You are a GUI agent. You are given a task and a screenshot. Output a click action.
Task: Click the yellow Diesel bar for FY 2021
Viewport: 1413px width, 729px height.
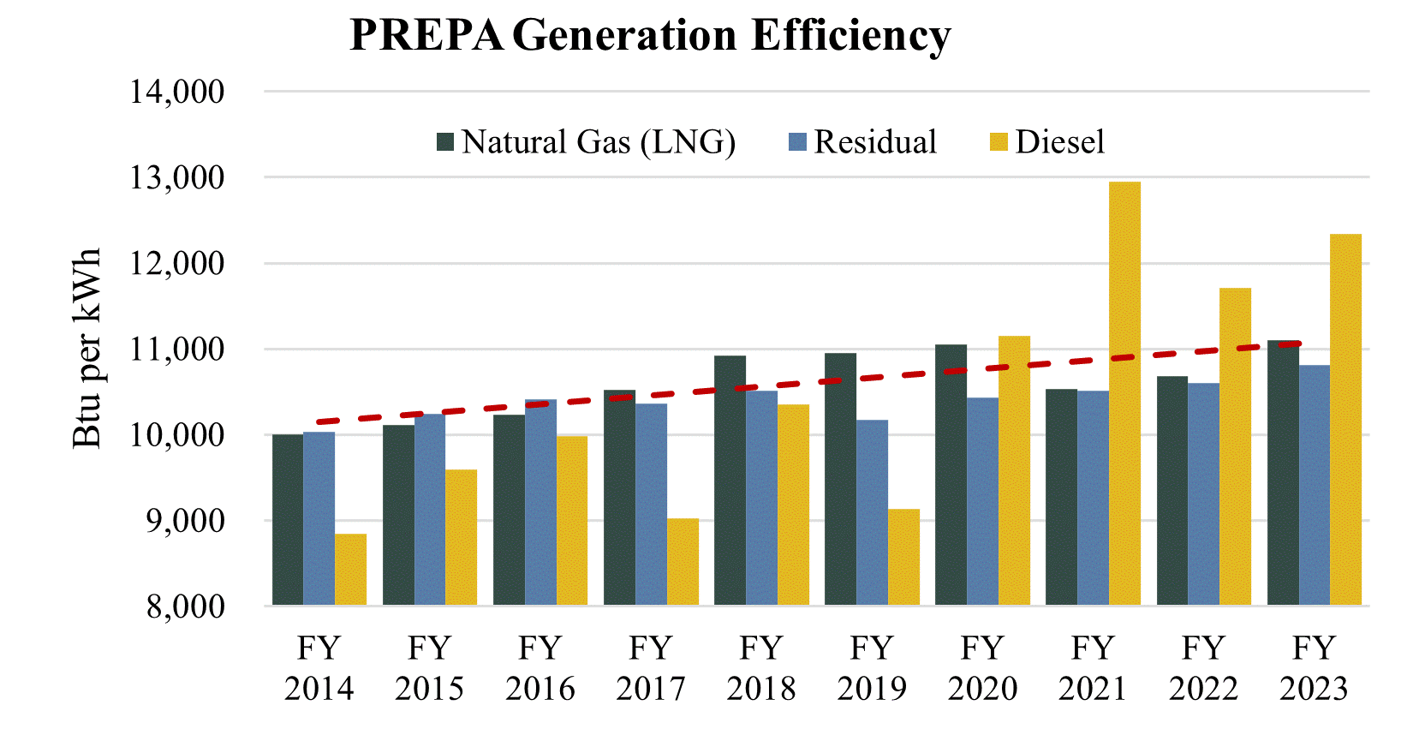pyautogui.click(x=1124, y=394)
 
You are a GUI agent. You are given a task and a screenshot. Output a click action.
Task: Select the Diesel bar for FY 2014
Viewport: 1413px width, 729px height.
pyautogui.click(x=351, y=570)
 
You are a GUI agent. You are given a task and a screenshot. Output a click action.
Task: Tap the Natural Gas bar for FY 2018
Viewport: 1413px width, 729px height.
pyautogui.click(x=730, y=481)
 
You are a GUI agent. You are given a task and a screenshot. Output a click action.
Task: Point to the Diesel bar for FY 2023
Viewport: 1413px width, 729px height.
pyautogui.click(x=1345, y=420)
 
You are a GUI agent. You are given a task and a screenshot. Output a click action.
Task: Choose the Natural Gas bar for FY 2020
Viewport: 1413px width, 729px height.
pyautogui.click(x=951, y=475)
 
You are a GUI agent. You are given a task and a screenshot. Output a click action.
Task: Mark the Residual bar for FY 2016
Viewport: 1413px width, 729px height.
pyautogui.click(x=540, y=502)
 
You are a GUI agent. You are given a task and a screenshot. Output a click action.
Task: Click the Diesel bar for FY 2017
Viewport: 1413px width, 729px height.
pyautogui.click(x=683, y=562)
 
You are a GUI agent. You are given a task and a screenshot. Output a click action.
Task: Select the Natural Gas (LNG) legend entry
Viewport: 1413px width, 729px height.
pyautogui.click(x=587, y=142)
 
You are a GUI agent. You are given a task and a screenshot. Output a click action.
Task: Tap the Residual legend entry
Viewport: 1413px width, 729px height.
pyautogui.click(x=863, y=142)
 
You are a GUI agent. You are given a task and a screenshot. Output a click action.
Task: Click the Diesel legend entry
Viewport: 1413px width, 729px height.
pyautogui.click(x=1047, y=142)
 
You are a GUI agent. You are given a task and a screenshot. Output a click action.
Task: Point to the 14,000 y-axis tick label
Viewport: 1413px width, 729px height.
pyautogui.click(x=177, y=92)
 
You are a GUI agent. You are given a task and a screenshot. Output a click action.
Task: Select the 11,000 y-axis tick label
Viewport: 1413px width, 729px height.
pyautogui.click(x=177, y=350)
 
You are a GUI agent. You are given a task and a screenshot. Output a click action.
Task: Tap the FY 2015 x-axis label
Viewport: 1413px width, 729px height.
pyautogui.click(x=429, y=668)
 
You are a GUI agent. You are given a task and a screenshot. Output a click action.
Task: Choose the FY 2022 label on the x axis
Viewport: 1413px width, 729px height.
pyautogui.click(x=1203, y=668)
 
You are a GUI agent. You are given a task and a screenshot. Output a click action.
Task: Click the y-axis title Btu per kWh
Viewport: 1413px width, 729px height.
pyautogui.click(x=86, y=348)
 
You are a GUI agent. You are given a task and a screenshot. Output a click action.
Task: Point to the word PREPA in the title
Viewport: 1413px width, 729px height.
pyautogui.click(x=427, y=36)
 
